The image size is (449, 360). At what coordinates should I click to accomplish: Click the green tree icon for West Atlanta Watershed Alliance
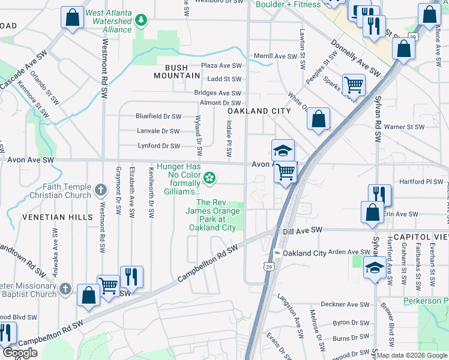click(141, 21)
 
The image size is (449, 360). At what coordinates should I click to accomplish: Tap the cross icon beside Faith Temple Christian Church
click(101, 191)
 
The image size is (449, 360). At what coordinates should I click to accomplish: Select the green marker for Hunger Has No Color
click(209, 176)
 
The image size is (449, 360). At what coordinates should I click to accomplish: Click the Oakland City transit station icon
click(277, 253)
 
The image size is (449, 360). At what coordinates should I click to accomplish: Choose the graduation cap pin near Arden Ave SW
click(375, 268)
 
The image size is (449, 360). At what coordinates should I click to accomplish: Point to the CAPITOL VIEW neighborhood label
click(420, 238)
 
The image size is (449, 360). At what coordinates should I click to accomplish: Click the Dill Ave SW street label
click(303, 230)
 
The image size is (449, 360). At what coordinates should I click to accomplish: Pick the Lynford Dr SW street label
click(158, 146)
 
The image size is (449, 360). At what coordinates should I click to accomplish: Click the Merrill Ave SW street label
click(276, 56)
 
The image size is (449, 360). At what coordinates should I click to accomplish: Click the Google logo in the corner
click(20, 353)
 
